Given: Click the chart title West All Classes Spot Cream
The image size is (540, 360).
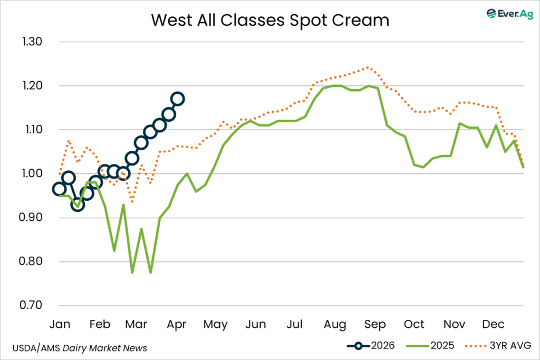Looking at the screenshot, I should tap(270, 20).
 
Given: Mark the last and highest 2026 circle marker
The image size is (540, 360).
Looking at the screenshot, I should tap(178, 99).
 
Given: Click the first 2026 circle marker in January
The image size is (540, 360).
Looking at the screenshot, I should tap(59, 189).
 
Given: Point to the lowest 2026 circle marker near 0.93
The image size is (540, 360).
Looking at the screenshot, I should tap(78, 205).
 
